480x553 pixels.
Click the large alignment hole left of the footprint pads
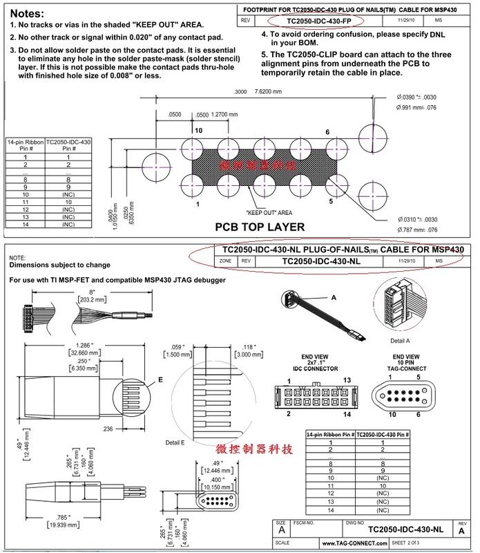tap(155, 167)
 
